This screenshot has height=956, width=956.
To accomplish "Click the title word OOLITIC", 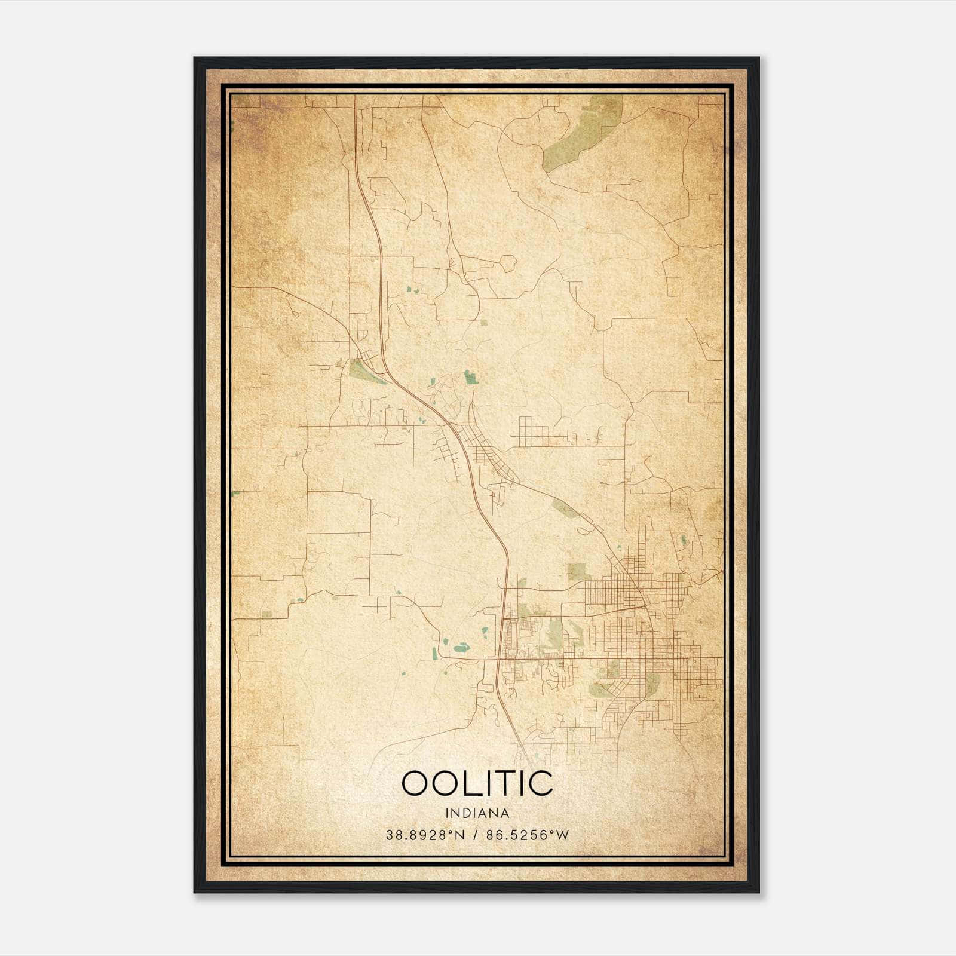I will (477, 783).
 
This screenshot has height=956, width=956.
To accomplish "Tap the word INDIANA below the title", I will (477, 813).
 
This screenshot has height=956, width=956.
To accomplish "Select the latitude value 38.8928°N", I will (425, 835).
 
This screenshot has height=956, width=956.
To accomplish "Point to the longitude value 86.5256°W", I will (528, 835).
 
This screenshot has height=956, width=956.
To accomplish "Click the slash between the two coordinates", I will (476, 835).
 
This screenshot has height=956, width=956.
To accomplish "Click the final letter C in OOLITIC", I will (540, 783).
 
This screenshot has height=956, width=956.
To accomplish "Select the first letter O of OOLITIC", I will (416, 783).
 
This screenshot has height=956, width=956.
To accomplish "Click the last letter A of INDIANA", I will (505, 813).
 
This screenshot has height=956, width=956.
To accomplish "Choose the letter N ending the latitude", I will (459, 835).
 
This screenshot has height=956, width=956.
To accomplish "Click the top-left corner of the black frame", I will (195, 59).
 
